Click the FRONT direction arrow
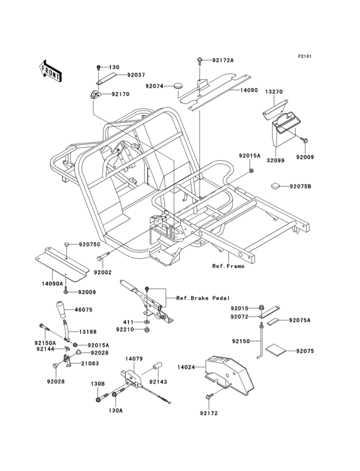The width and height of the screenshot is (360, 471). (51, 69)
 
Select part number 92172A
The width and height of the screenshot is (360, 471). (222, 60)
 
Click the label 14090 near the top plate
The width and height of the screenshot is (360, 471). (249, 91)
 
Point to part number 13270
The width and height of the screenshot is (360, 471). (274, 92)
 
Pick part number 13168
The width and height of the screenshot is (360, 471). (88, 332)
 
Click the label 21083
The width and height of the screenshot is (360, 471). (89, 364)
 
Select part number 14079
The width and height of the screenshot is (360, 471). (134, 358)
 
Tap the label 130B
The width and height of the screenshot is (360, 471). (97, 384)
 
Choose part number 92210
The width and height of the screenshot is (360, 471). (125, 329)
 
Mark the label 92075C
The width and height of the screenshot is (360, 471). (91, 245)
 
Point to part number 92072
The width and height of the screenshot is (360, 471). (241, 317)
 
